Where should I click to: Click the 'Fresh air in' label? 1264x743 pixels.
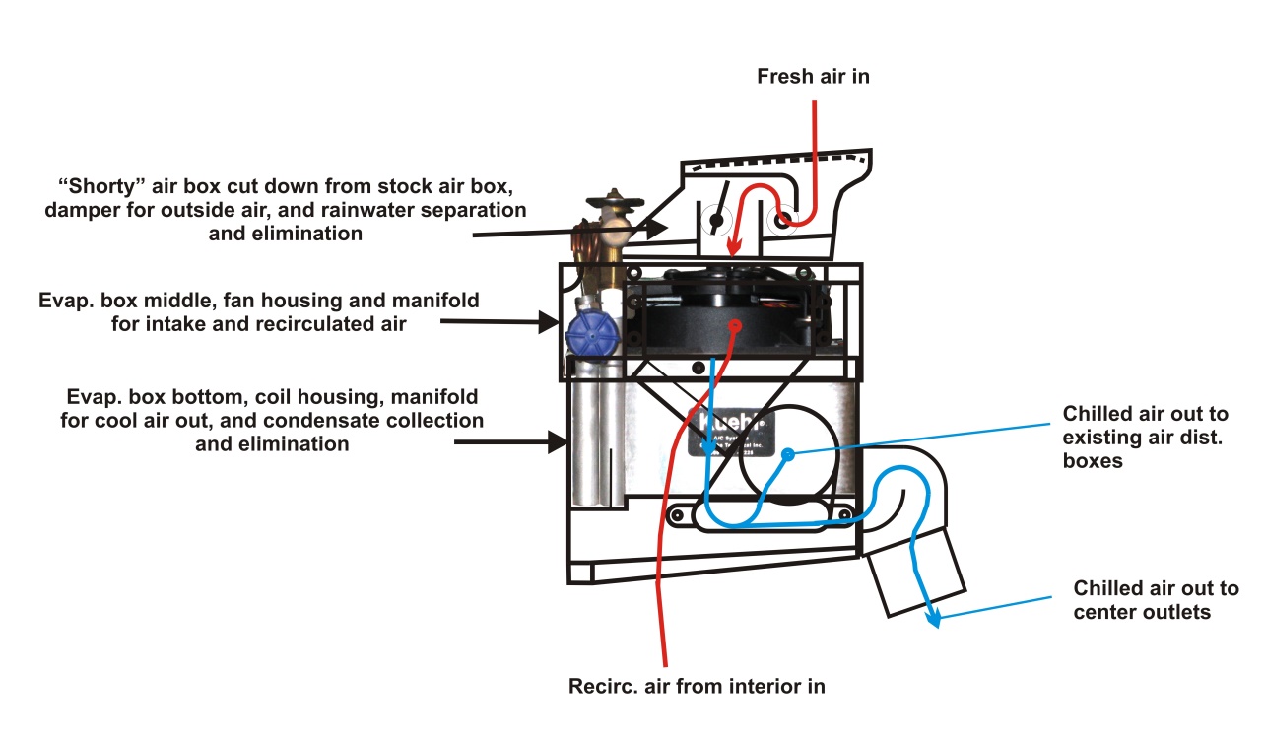[x=813, y=76]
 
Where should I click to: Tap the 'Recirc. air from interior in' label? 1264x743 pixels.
[x=697, y=686]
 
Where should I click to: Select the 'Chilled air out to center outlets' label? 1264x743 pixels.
[x=1156, y=600]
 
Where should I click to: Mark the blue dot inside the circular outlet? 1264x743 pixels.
[x=788, y=455]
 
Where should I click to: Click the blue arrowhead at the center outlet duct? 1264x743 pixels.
[x=933, y=619]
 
